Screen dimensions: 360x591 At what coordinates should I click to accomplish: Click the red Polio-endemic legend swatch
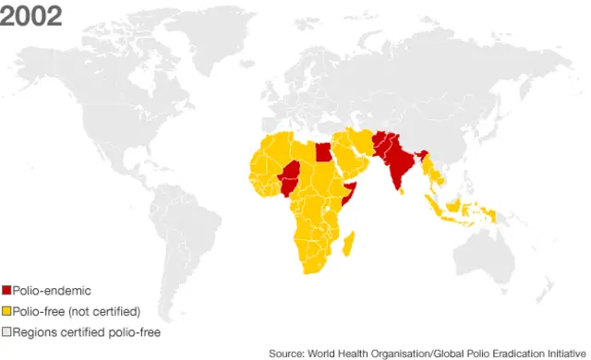6,290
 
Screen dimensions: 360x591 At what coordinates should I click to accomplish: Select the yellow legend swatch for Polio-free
6,310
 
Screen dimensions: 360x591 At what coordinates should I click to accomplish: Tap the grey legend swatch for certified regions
6,330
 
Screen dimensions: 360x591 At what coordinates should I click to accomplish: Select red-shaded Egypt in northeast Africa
322,151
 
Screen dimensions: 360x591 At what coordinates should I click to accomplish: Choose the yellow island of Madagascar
349,246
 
